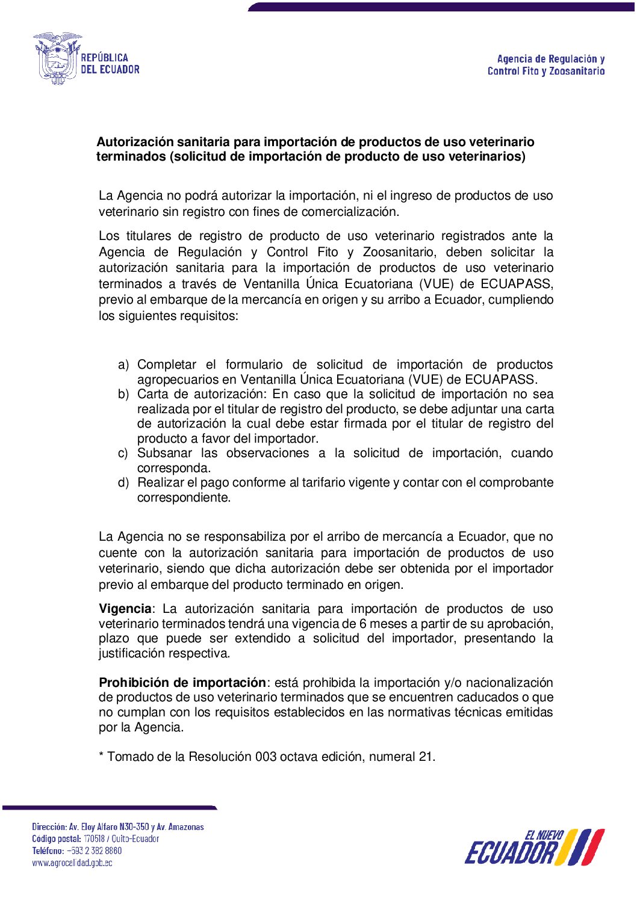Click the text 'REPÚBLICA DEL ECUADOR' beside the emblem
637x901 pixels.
tap(110, 64)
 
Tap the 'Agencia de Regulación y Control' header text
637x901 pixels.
tap(546, 65)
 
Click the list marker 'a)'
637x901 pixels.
tap(123, 365)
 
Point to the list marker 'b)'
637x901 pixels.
tap(123, 395)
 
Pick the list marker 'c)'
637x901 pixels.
tap(123, 454)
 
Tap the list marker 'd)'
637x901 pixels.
tap(123, 483)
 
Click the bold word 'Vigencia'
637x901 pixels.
tap(125, 609)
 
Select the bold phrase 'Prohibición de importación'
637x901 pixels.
tap(182, 683)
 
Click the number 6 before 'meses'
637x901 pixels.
tap(362, 624)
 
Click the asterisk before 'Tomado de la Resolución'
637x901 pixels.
tap(101, 755)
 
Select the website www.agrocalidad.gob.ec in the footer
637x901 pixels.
tap(72, 863)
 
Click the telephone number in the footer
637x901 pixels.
tap(94, 851)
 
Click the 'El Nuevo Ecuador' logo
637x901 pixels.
tap(534, 847)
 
